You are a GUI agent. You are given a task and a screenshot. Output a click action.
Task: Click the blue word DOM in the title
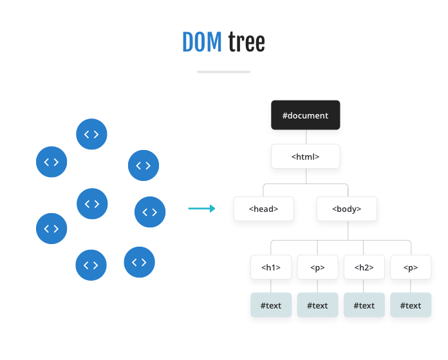pyautogui.click(x=202, y=43)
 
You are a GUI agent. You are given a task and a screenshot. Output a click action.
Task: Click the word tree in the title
pyautogui.click(x=247, y=43)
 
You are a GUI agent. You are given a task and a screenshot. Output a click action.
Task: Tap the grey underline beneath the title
pyautogui.click(x=223, y=71)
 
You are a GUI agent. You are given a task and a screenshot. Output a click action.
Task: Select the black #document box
pyautogui.click(x=305, y=115)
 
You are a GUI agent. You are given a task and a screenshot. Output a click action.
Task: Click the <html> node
pyautogui.click(x=305, y=156)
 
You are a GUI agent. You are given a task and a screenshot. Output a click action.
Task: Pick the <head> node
pyautogui.click(x=264, y=209)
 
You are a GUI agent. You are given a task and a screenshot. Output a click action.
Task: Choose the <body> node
pyautogui.click(x=346, y=209)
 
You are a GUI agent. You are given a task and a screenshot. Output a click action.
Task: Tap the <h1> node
pyautogui.click(x=271, y=267)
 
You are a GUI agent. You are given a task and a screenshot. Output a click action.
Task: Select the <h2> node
pyautogui.click(x=364, y=267)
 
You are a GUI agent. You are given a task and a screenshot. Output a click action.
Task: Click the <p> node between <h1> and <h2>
pyautogui.click(x=317, y=267)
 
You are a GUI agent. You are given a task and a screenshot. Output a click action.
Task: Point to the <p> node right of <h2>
pyautogui.click(x=411, y=267)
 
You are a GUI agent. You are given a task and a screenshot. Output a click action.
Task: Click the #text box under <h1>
pyautogui.click(x=271, y=305)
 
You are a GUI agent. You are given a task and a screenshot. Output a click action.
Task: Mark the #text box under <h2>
pyautogui.click(x=364, y=305)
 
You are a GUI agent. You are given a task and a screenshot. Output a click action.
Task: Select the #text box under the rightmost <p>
pyautogui.click(x=411, y=305)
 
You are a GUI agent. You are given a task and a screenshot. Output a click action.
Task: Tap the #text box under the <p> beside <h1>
pyautogui.click(x=317, y=305)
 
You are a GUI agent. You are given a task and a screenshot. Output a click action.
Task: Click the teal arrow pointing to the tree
pyautogui.click(x=201, y=209)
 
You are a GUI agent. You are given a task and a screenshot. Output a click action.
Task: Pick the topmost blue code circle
pyautogui.click(x=91, y=134)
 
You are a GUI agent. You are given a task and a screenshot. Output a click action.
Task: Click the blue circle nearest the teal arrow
pyautogui.click(x=150, y=212)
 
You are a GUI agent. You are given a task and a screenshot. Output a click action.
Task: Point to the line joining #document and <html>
pyautogui.click(x=306, y=137)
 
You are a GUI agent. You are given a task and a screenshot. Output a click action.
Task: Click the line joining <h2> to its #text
pyautogui.click(x=364, y=286)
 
